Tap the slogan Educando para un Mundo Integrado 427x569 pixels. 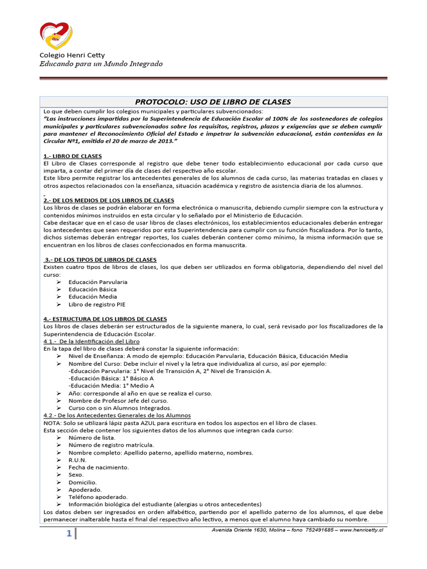pyautogui.click(x=101, y=64)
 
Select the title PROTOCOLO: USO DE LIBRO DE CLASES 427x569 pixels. pyautogui.click(x=213, y=102)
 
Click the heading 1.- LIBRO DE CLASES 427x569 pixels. pyautogui.click(x=72, y=156)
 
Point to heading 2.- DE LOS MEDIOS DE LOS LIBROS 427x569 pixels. pyautogui.click(x=108, y=200)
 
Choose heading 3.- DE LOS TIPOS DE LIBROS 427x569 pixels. pyautogui.click(x=101, y=259)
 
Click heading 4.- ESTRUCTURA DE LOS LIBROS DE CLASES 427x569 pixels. pyautogui.click(x=105, y=319)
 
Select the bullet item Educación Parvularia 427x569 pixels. pyautogui.click(x=98, y=282)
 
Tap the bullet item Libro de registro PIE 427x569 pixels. pyautogui.click(x=97, y=305)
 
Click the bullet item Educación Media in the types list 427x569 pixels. pyautogui.click(x=93, y=297)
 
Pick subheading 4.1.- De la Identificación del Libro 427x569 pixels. pyautogui.click(x=91, y=341)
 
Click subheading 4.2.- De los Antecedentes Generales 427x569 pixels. pyautogui.click(x=117, y=415)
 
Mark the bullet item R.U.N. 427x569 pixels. pyautogui.click(x=77, y=460)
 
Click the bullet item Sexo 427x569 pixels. pyautogui.click(x=76, y=475)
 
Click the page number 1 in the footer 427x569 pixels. pyautogui.click(x=68, y=534)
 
